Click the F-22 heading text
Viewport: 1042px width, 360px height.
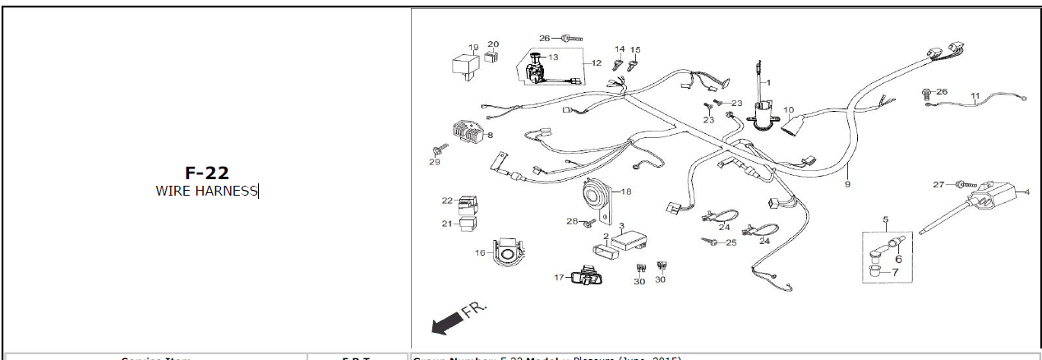206,173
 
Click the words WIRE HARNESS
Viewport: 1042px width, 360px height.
206,192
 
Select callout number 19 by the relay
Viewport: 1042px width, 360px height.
473,47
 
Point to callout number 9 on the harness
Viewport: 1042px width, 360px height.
846,185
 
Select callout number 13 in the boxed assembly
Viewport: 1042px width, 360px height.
553,58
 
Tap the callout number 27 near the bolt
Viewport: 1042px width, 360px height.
938,185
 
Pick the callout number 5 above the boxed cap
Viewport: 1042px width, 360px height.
886,219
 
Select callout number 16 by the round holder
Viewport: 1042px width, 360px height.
480,253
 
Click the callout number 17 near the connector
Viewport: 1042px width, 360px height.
559,278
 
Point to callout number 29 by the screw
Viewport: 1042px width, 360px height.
435,162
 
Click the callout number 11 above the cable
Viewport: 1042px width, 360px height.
975,95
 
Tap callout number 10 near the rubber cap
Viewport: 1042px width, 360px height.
788,109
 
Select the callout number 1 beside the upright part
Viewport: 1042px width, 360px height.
769,83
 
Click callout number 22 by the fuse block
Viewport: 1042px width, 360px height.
446,201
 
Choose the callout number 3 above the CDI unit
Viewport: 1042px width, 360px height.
622,225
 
